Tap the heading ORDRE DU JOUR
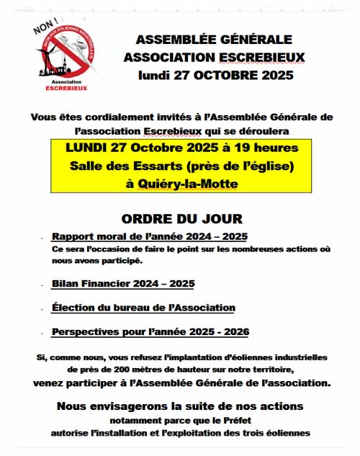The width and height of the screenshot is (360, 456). [x=181, y=218]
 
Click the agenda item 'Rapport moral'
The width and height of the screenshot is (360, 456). [x=89, y=236]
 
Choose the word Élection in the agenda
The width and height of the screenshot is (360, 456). [x=74, y=308]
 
